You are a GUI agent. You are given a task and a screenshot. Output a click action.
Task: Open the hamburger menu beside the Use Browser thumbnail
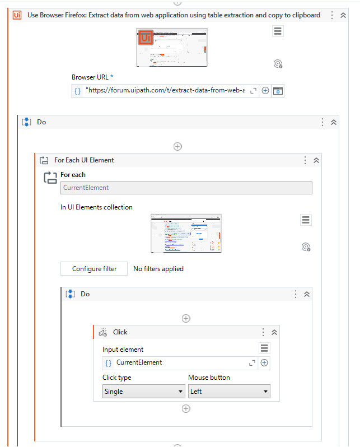tap(278, 31)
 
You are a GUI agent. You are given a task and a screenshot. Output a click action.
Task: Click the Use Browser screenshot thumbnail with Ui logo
tap(171, 48)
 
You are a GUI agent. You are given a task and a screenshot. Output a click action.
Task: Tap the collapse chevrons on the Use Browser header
tap(343, 15)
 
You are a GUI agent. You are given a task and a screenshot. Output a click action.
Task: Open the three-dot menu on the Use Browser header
tap(332, 15)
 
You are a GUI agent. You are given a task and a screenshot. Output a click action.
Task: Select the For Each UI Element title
tap(84, 160)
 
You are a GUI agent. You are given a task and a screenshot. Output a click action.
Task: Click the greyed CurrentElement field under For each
tap(186, 188)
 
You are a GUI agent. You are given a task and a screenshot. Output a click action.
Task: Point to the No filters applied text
tap(158, 269)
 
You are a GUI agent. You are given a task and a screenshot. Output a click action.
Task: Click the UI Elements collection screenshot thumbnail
tap(186, 233)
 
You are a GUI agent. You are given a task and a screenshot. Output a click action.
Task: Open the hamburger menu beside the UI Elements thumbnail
tap(306, 220)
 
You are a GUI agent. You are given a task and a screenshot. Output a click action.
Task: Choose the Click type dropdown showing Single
tap(143, 392)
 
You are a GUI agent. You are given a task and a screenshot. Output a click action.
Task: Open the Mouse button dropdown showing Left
tap(229, 392)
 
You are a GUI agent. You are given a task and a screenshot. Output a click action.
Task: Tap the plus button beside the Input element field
tap(264, 363)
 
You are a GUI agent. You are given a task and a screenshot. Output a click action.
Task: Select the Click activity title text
tap(120, 332)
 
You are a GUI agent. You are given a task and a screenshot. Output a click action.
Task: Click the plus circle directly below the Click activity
tap(186, 409)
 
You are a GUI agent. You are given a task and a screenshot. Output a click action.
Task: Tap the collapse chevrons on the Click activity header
tap(274, 332)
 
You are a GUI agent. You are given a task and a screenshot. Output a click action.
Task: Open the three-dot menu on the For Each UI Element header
tap(305, 160)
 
